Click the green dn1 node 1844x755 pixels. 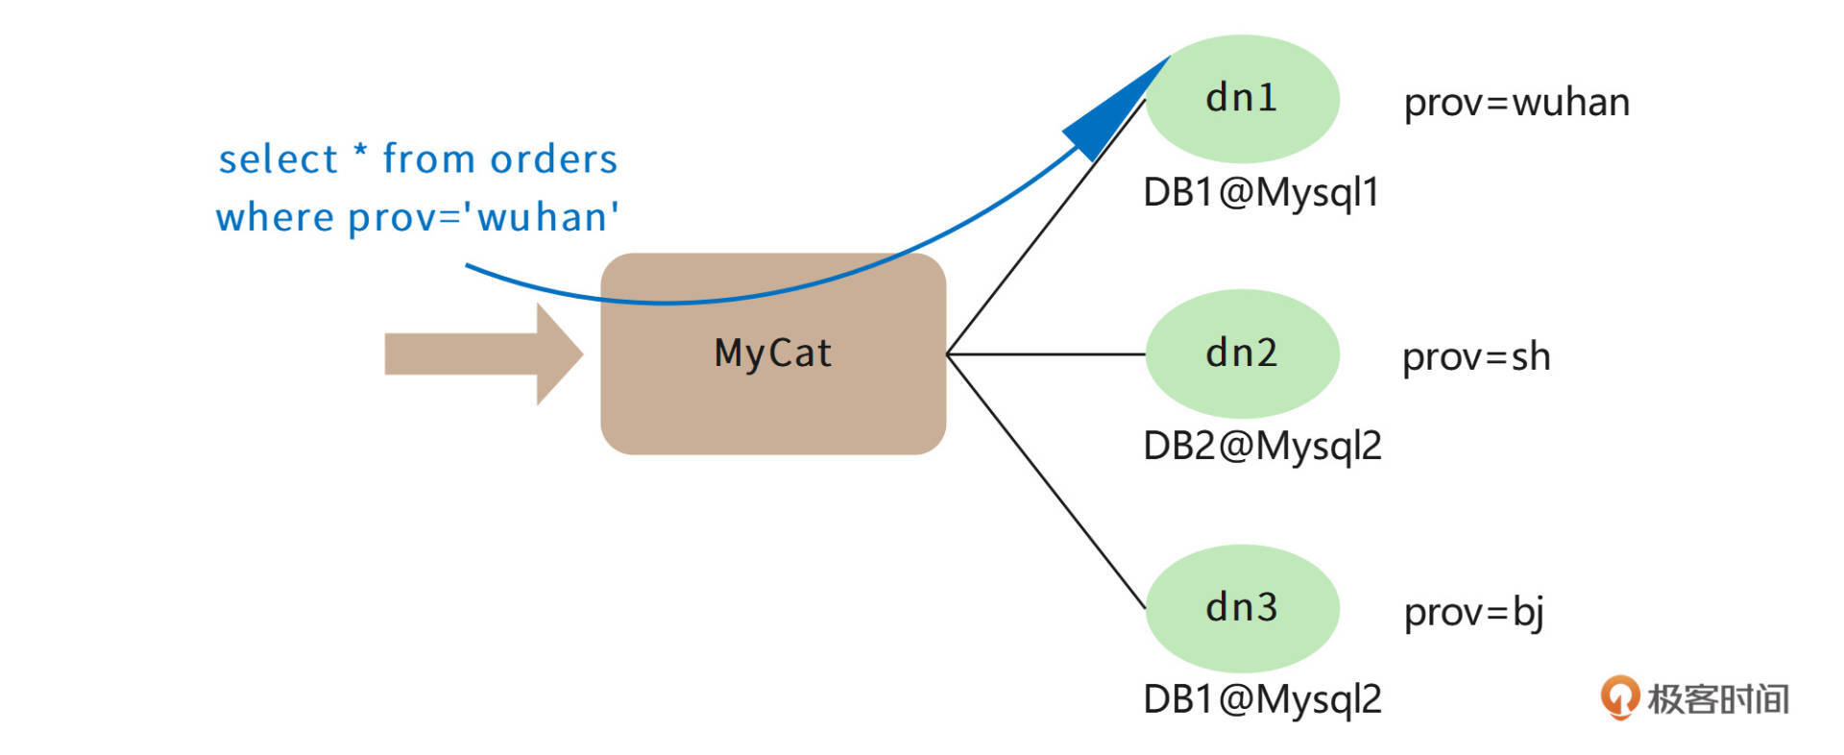click(x=1242, y=99)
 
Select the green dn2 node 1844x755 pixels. click(x=1242, y=353)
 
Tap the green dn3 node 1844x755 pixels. click(x=1242, y=608)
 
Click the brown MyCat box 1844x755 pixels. click(x=773, y=384)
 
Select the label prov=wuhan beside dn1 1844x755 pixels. click(x=1516, y=103)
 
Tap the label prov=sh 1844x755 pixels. click(x=1476, y=357)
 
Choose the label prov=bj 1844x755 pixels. click(x=1473, y=612)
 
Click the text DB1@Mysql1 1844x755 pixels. click(x=1261, y=193)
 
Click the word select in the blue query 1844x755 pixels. click(x=279, y=159)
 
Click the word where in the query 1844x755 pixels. click(x=275, y=218)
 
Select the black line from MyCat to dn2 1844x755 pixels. click(x=1047, y=354)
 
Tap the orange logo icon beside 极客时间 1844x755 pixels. click(x=1619, y=697)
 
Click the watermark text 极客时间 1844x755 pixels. click(x=1718, y=699)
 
